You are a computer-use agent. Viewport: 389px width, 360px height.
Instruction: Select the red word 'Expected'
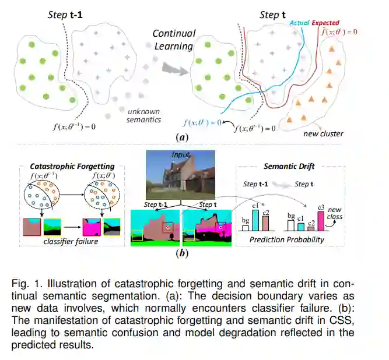325,23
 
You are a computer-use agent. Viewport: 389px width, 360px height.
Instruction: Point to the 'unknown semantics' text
143,115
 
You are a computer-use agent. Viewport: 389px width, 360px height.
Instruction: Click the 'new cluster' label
323,134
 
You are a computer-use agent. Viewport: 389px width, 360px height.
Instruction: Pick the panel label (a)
181,137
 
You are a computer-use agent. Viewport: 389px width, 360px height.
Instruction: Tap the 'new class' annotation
335,213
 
